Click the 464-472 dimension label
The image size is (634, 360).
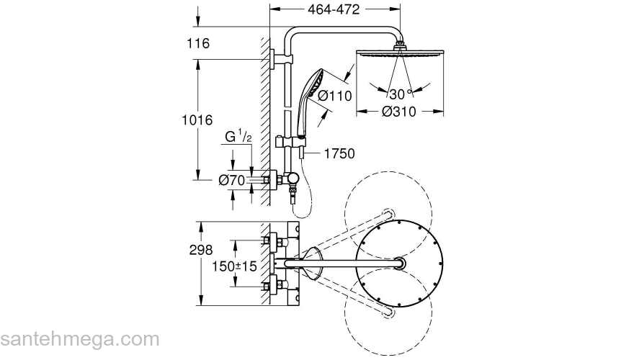(x=334, y=9)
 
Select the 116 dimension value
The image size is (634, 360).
(x=198, y=43)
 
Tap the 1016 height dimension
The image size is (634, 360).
(x=197, y=120)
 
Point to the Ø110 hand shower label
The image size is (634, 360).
(x=335, y=96)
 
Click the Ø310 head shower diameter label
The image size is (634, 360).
(x=399, y=112)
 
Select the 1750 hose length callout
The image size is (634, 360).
(x=339, y=153)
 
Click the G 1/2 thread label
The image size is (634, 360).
(x=238, y=136)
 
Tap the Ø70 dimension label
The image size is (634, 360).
(x=232, y=180)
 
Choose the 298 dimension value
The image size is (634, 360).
(x=201, y=250)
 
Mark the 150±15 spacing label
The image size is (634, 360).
(x=235, y=266)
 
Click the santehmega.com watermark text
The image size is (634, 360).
(x=80, y=339)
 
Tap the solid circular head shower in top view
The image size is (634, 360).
(x=399, y=264)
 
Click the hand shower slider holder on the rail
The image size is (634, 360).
(x=290, y=142)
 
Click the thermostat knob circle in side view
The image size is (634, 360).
(x=292, y=177)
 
